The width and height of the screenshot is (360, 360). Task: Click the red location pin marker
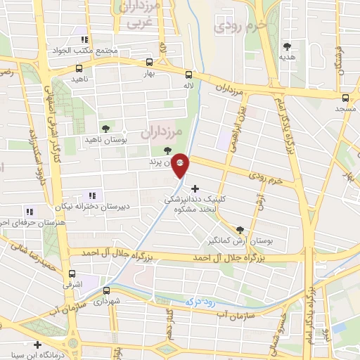181,165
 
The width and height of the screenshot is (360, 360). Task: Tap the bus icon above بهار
148,62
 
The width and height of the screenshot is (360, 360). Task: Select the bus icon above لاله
188,75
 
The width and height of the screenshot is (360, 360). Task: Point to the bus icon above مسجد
345,98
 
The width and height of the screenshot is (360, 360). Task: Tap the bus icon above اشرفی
72,274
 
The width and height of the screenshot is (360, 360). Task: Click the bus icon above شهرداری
106,290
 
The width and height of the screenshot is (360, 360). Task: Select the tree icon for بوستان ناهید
105,129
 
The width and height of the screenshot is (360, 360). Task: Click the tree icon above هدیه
286,46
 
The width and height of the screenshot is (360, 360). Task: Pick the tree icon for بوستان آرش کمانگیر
240,229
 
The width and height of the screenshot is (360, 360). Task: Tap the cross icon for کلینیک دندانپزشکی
195,188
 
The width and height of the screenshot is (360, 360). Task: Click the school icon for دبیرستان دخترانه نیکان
91,195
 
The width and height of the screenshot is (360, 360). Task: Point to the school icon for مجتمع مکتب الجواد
84,40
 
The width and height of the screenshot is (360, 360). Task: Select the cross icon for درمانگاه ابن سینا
37,345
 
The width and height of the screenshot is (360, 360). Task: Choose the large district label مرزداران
161,131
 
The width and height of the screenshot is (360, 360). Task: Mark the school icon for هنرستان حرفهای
29,211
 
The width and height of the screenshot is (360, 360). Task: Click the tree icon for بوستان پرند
167,150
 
